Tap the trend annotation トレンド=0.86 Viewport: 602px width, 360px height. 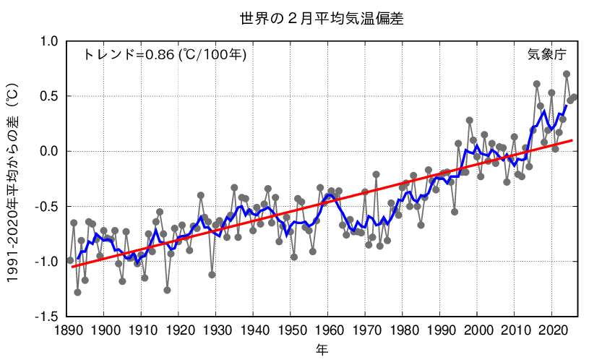point(165,54)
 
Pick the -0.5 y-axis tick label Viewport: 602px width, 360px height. point(46,206)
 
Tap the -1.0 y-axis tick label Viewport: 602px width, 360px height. point(46,261)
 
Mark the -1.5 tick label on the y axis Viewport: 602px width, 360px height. point(46,316)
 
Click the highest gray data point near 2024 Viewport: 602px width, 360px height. point(567,74)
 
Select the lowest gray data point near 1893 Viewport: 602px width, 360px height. point(77,292)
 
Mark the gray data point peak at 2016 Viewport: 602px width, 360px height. point(537,84)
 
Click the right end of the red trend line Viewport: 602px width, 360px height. point(573,140)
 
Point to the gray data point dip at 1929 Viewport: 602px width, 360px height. point(212,275)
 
